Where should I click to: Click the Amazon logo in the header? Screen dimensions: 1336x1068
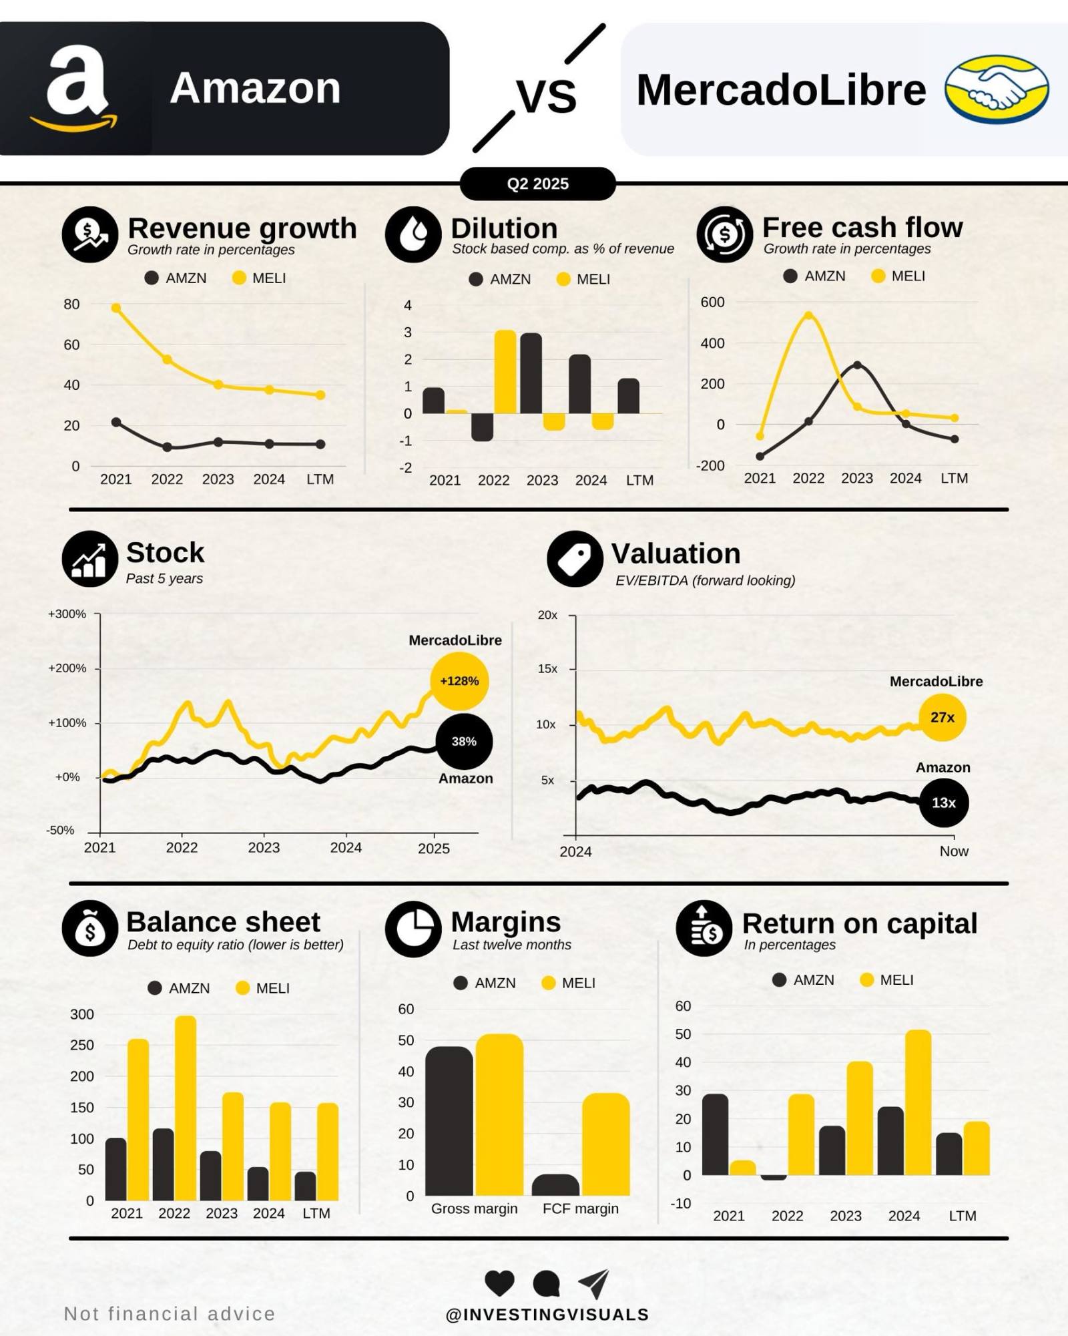coord(75,88)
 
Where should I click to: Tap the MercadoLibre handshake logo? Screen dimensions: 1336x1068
coord(996,89)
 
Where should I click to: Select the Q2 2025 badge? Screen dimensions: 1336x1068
coord(537,184)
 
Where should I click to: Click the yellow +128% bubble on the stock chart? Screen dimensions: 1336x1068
coord(459,681)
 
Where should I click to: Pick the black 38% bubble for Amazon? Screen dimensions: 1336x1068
coord(464,741)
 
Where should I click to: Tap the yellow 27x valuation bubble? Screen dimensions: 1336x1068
coord(942,717)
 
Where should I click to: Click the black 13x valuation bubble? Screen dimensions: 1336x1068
coord(943,803)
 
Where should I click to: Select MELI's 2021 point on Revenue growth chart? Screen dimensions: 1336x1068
coord(116,308)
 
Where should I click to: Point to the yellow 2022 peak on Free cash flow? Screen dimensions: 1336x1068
coord(808,315)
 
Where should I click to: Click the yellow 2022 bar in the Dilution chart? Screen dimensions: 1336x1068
coord(505,371)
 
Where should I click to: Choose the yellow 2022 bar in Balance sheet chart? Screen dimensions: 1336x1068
coord(185,1108)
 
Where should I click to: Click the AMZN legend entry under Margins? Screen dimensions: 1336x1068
coord(485,983)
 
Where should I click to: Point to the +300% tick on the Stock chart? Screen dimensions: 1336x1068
coord(67,614)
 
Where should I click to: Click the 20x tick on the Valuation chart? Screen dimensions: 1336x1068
coord(548,615)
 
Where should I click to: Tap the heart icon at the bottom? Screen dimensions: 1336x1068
coord(499,1282)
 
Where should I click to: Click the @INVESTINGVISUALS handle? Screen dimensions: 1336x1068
coord(547,1314)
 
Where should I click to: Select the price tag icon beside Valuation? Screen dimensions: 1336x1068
coord(575,559)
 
